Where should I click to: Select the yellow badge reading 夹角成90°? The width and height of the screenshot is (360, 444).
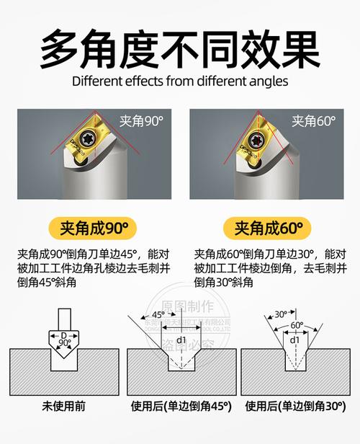coord(91,229)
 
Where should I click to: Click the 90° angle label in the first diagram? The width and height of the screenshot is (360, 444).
coord(66,344)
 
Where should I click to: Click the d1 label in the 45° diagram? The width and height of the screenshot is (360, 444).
coord(181,339)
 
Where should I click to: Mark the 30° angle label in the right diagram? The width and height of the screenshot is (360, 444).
coord(280,314)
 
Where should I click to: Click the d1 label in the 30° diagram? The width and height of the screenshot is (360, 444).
coord(295,339)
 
